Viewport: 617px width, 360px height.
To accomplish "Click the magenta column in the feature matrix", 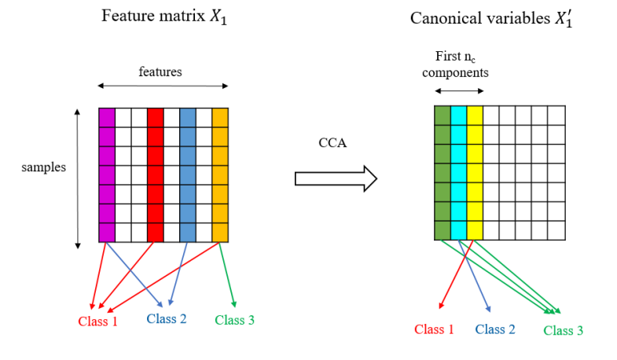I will click(107, 174).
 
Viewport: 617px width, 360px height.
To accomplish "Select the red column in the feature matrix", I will click(155, 174).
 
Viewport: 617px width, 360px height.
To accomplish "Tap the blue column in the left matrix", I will click(187, 174).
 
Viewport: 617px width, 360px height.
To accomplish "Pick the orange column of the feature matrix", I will click(220, 174).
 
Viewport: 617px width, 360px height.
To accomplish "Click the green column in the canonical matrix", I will click(442, 172).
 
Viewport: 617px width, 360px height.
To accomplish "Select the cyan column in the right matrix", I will click(458, 172).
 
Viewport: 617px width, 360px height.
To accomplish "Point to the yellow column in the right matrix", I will click(474, 172).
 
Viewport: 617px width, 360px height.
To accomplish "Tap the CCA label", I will click(332, 143).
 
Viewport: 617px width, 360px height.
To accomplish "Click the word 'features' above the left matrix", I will click(160, 72).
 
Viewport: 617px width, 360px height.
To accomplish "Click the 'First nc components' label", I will click(455, 64).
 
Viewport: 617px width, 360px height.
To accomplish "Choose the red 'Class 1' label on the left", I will click(97, 321).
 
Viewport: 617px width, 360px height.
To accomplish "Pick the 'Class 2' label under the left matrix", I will click(167, 318).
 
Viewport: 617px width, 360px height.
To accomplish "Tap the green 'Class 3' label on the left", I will click(234, 320).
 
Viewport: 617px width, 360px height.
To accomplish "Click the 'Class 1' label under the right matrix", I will click(434, 329).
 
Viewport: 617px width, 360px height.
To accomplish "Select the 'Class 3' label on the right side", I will click(563, 330).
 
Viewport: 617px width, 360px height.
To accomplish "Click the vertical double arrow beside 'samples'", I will click(77, 179).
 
